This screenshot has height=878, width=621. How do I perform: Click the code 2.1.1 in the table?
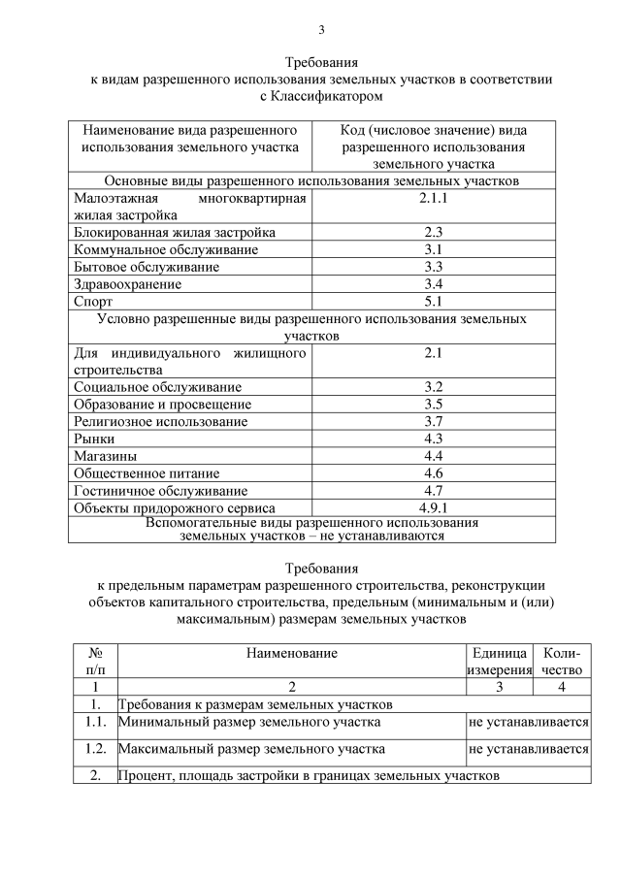tap(433, 199)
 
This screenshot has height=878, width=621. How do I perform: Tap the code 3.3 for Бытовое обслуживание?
tap(433, 267)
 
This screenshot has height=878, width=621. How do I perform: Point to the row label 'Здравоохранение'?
tap(128, 284)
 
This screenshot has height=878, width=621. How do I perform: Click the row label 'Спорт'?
tap(93, 302)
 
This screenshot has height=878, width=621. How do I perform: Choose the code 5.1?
tap(433, 302)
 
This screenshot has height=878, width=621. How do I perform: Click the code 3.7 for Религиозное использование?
tap(433, 421)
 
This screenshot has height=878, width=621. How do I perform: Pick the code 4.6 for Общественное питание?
tap(433, 473)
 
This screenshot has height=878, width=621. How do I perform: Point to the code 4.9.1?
tap(433, 507)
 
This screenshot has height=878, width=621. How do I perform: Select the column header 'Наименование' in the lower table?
tap(291, 653)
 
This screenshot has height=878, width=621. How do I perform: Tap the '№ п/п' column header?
tap(95, 661)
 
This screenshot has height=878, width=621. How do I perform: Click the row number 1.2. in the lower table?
tap(95, 749)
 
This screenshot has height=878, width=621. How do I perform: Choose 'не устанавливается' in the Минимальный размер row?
tap(528, 722)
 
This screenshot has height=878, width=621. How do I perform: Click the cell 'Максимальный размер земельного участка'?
tap(251, 749)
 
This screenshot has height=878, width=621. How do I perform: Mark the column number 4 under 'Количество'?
tap(562, 687)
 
